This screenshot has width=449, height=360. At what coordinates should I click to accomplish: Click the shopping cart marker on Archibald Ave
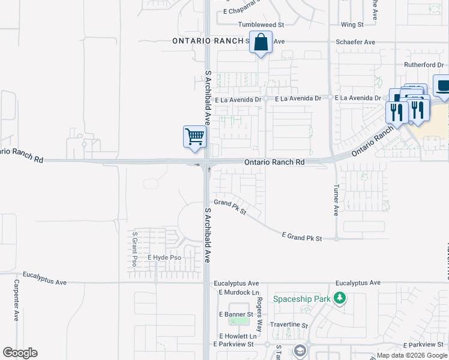click(x=194, y=136)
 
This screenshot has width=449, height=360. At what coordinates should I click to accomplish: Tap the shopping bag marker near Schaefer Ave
click(x=261, y=43)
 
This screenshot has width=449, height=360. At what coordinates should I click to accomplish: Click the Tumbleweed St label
click(x=261, y=25)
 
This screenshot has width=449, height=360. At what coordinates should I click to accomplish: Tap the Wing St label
click(x=352, y=25)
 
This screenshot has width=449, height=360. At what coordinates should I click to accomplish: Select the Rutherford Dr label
click(x=423, y=65)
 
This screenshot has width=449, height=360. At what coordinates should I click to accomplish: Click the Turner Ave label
click(x=336, y=200)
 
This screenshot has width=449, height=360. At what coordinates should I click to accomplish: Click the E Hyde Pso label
click(x=164, y=257)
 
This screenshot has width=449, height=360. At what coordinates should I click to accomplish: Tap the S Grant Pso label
click(x=135, y=249)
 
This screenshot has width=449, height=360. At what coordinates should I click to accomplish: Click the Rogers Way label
click(x=260, y=314)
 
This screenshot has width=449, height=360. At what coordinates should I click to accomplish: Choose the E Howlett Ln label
click(x=238, y=337)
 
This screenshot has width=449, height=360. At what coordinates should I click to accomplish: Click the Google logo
click(x=20, y=353)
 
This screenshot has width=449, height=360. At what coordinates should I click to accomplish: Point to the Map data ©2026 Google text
click(x=411, y=355)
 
